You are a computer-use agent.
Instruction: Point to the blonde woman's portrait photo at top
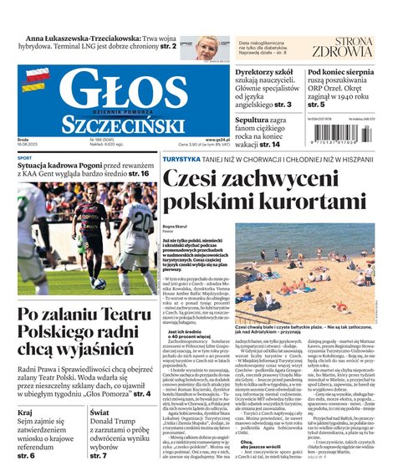click(207, 47)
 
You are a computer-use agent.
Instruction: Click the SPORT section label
click(25, 158)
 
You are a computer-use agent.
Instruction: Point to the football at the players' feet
click(99, 283)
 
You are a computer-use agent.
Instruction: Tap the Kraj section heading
click(26, 413)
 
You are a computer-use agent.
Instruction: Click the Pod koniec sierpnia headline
click(347, 73)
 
